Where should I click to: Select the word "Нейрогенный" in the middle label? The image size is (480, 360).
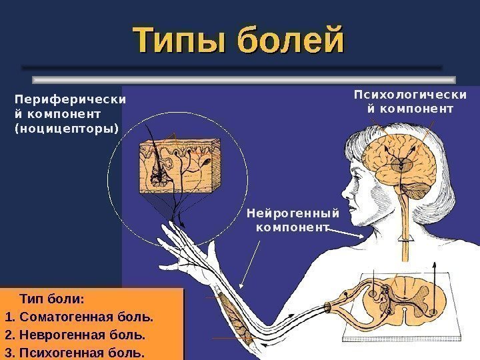(293, 213)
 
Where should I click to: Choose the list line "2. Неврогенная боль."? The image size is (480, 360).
(74, 332)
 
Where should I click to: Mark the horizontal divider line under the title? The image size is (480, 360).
(232, 68)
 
